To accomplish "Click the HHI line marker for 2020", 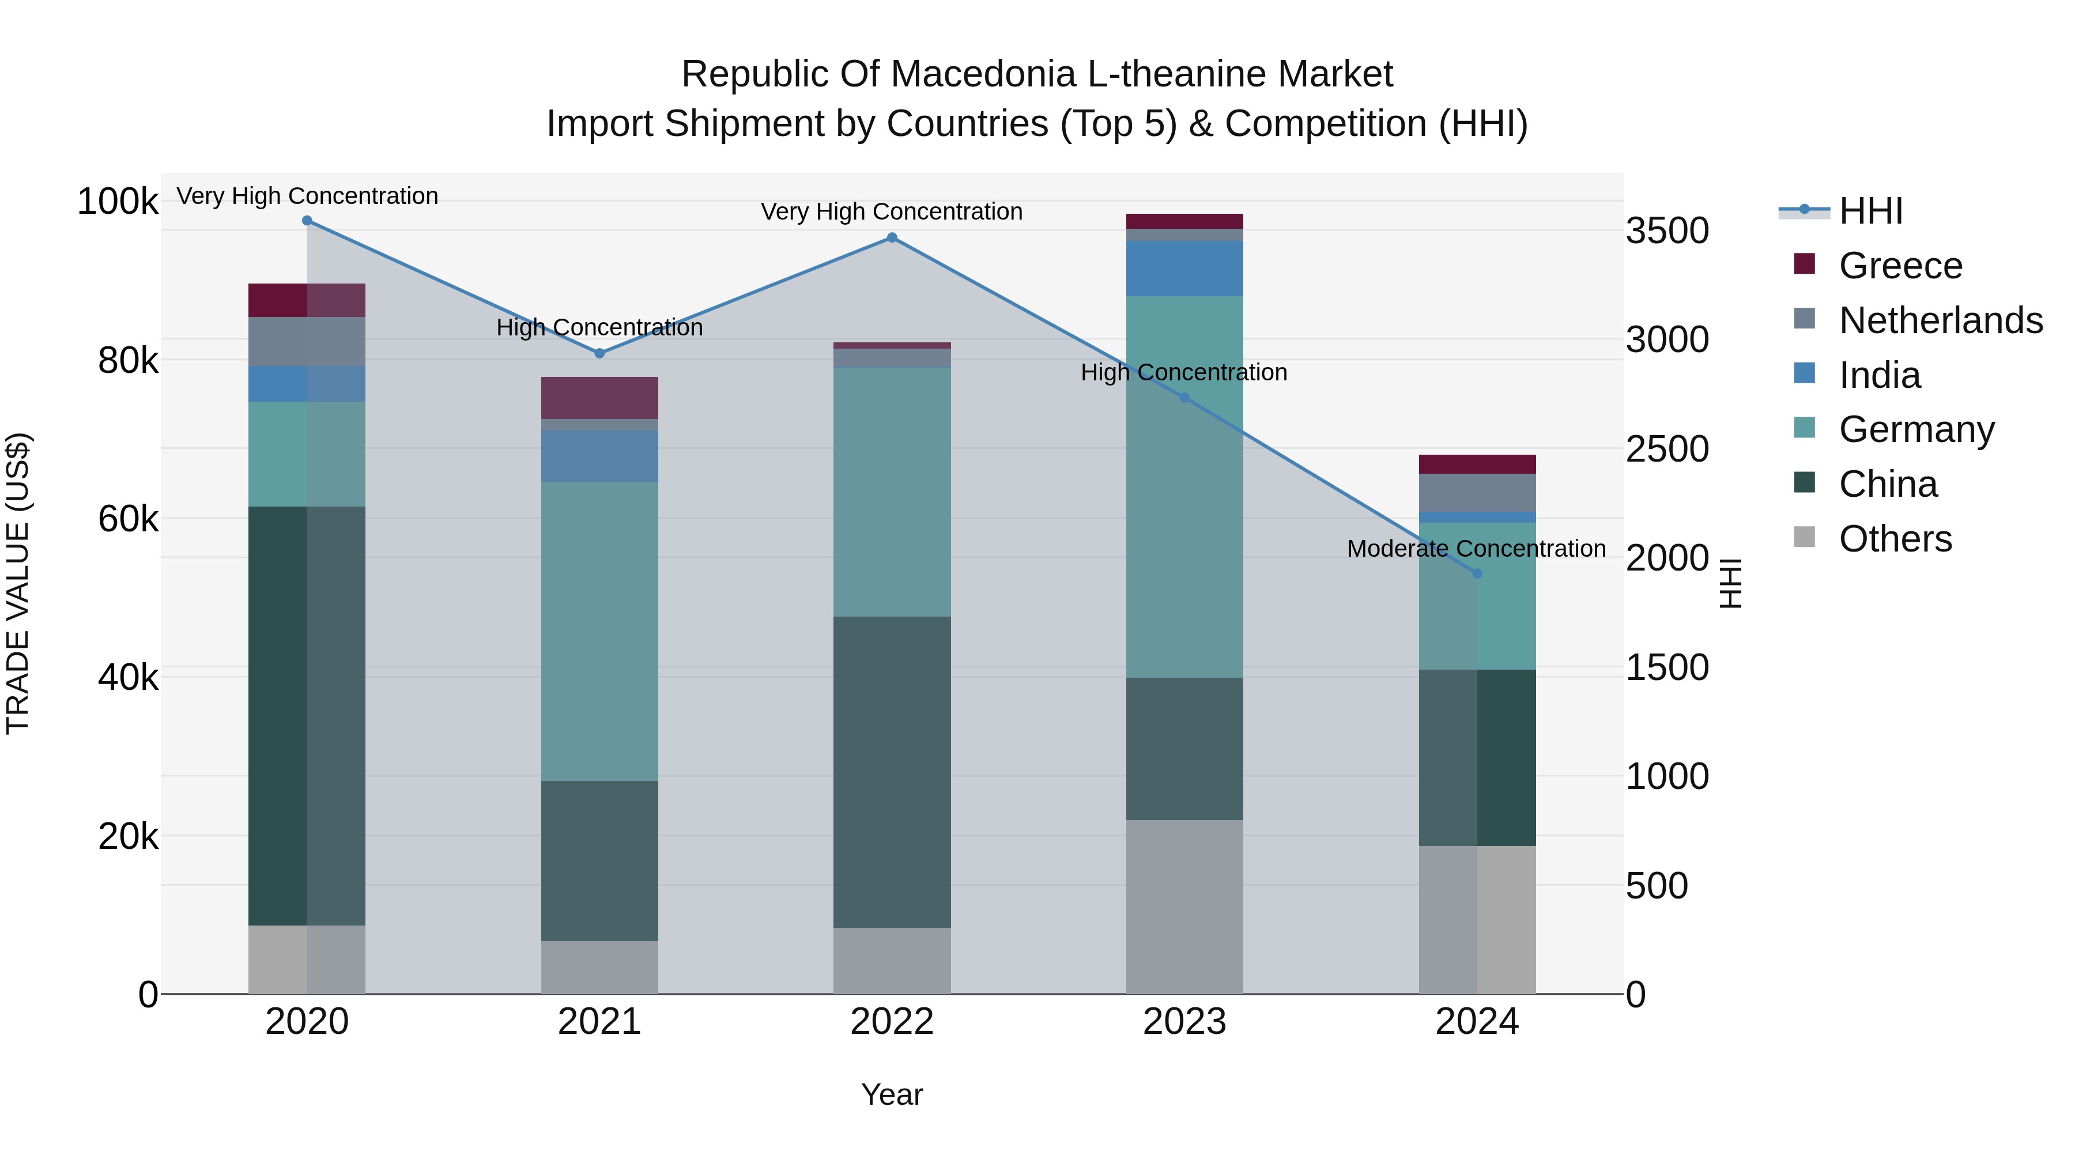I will (x=307, y=221).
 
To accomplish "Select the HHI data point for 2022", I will (x=892, y=237).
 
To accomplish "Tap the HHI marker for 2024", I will (x=1477, y=573).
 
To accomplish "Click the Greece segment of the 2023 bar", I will (x=1184, y=221).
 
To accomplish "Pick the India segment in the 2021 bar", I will (x=599, y=456).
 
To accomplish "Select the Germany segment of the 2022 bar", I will (x=892, y=492).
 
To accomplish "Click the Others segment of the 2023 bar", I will (x=1184, y=907).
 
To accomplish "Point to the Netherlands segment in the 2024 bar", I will (x=1477, y=493).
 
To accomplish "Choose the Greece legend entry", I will (x=1900, y=266).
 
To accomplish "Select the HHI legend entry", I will (x=1870, y=211).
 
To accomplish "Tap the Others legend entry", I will (x=1895, y=539).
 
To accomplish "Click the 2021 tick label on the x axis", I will (x=599, y=1022).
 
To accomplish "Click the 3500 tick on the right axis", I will (x=1666, y=231).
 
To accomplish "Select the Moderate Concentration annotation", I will (x=1476, y=549).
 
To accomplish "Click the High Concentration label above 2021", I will (x=599, y=328).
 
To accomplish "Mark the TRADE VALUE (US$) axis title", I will (x=18, y=583).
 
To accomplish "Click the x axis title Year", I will (x=892, y=1094).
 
